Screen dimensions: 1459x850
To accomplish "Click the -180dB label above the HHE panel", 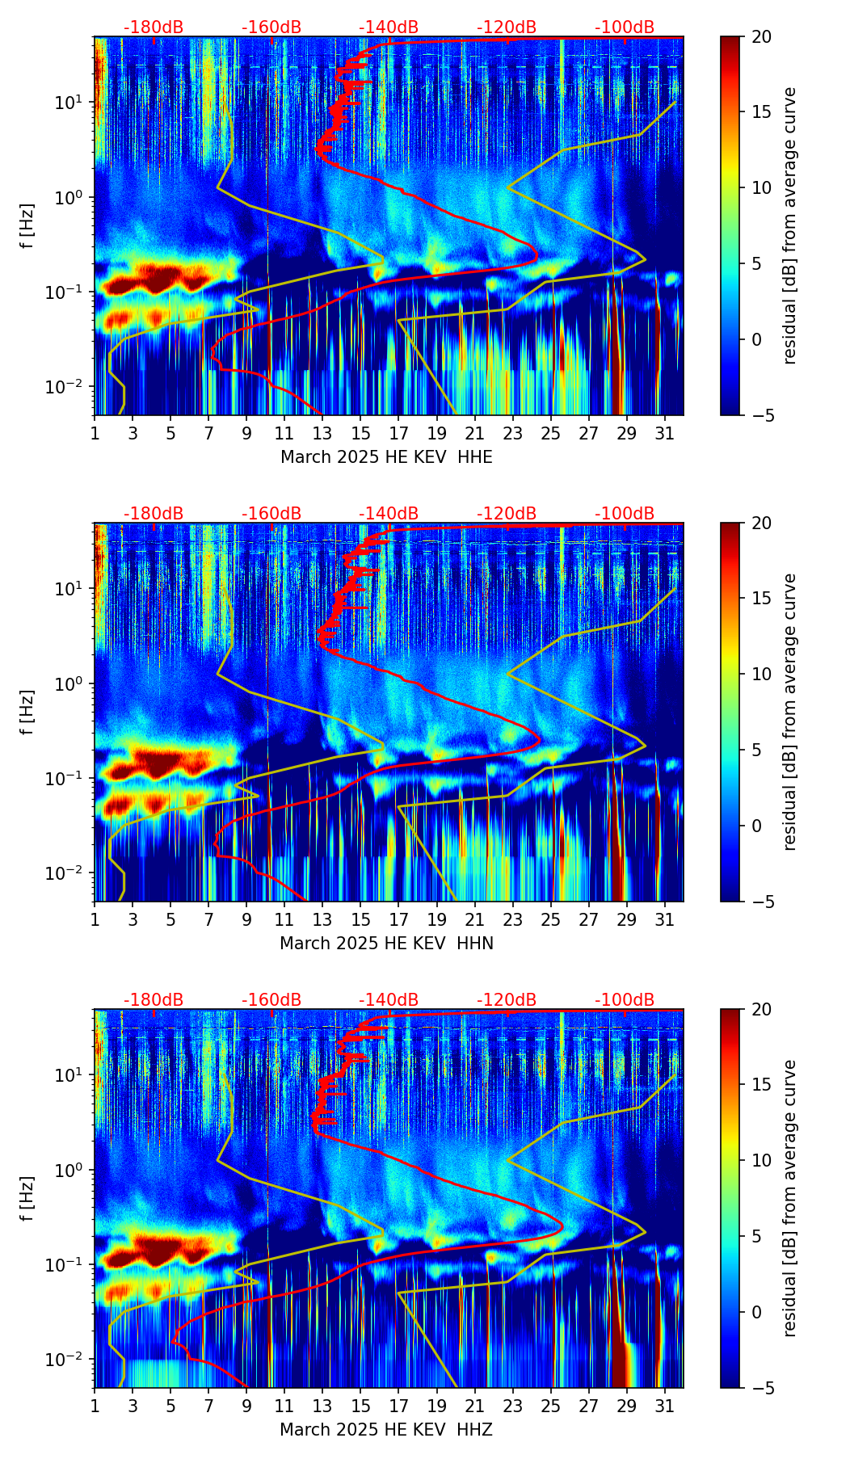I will pyautogui.click(x=154, y=27).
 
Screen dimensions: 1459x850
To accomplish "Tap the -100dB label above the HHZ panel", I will pyautogui.click(x=625, y=1000).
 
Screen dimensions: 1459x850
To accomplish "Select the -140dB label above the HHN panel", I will pyautogui.click(x=389, y=514).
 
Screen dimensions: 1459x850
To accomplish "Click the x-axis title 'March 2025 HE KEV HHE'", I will pyautogui.click(x=386, y=457).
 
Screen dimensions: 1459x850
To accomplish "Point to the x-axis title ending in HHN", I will pyautogui.click(x=386, y=944).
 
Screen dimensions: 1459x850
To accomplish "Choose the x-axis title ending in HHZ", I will pyautogui.click(x=386, y=1430).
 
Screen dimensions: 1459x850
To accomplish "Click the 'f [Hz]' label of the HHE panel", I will pyautogui.click(x=27, y=226).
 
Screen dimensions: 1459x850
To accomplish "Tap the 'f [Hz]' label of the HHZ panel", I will pyautogui.click(x=27, y=1199).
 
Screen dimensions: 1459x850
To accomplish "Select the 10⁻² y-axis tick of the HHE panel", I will pyautogui.click(x=69, y=387).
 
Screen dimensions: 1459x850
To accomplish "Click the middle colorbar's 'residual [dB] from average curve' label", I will pyautogui.click(x=789, y=712).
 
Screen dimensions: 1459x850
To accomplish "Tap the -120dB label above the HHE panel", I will pyautogui.click(x=507, y=27).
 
